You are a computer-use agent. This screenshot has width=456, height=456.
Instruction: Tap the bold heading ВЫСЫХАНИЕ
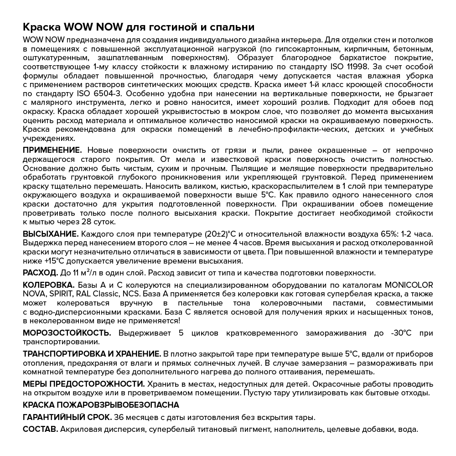coord(51,234)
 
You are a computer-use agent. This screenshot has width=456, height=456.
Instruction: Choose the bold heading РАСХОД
coord(40,273)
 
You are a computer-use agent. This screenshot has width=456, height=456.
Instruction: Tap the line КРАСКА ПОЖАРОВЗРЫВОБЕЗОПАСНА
coord(101,404)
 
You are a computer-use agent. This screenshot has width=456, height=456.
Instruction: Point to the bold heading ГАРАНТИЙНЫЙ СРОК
coord(67,417)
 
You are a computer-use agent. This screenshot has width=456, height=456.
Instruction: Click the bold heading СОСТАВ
coord(40,429)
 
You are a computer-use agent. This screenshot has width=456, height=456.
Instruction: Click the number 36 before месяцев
coord(119,417)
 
